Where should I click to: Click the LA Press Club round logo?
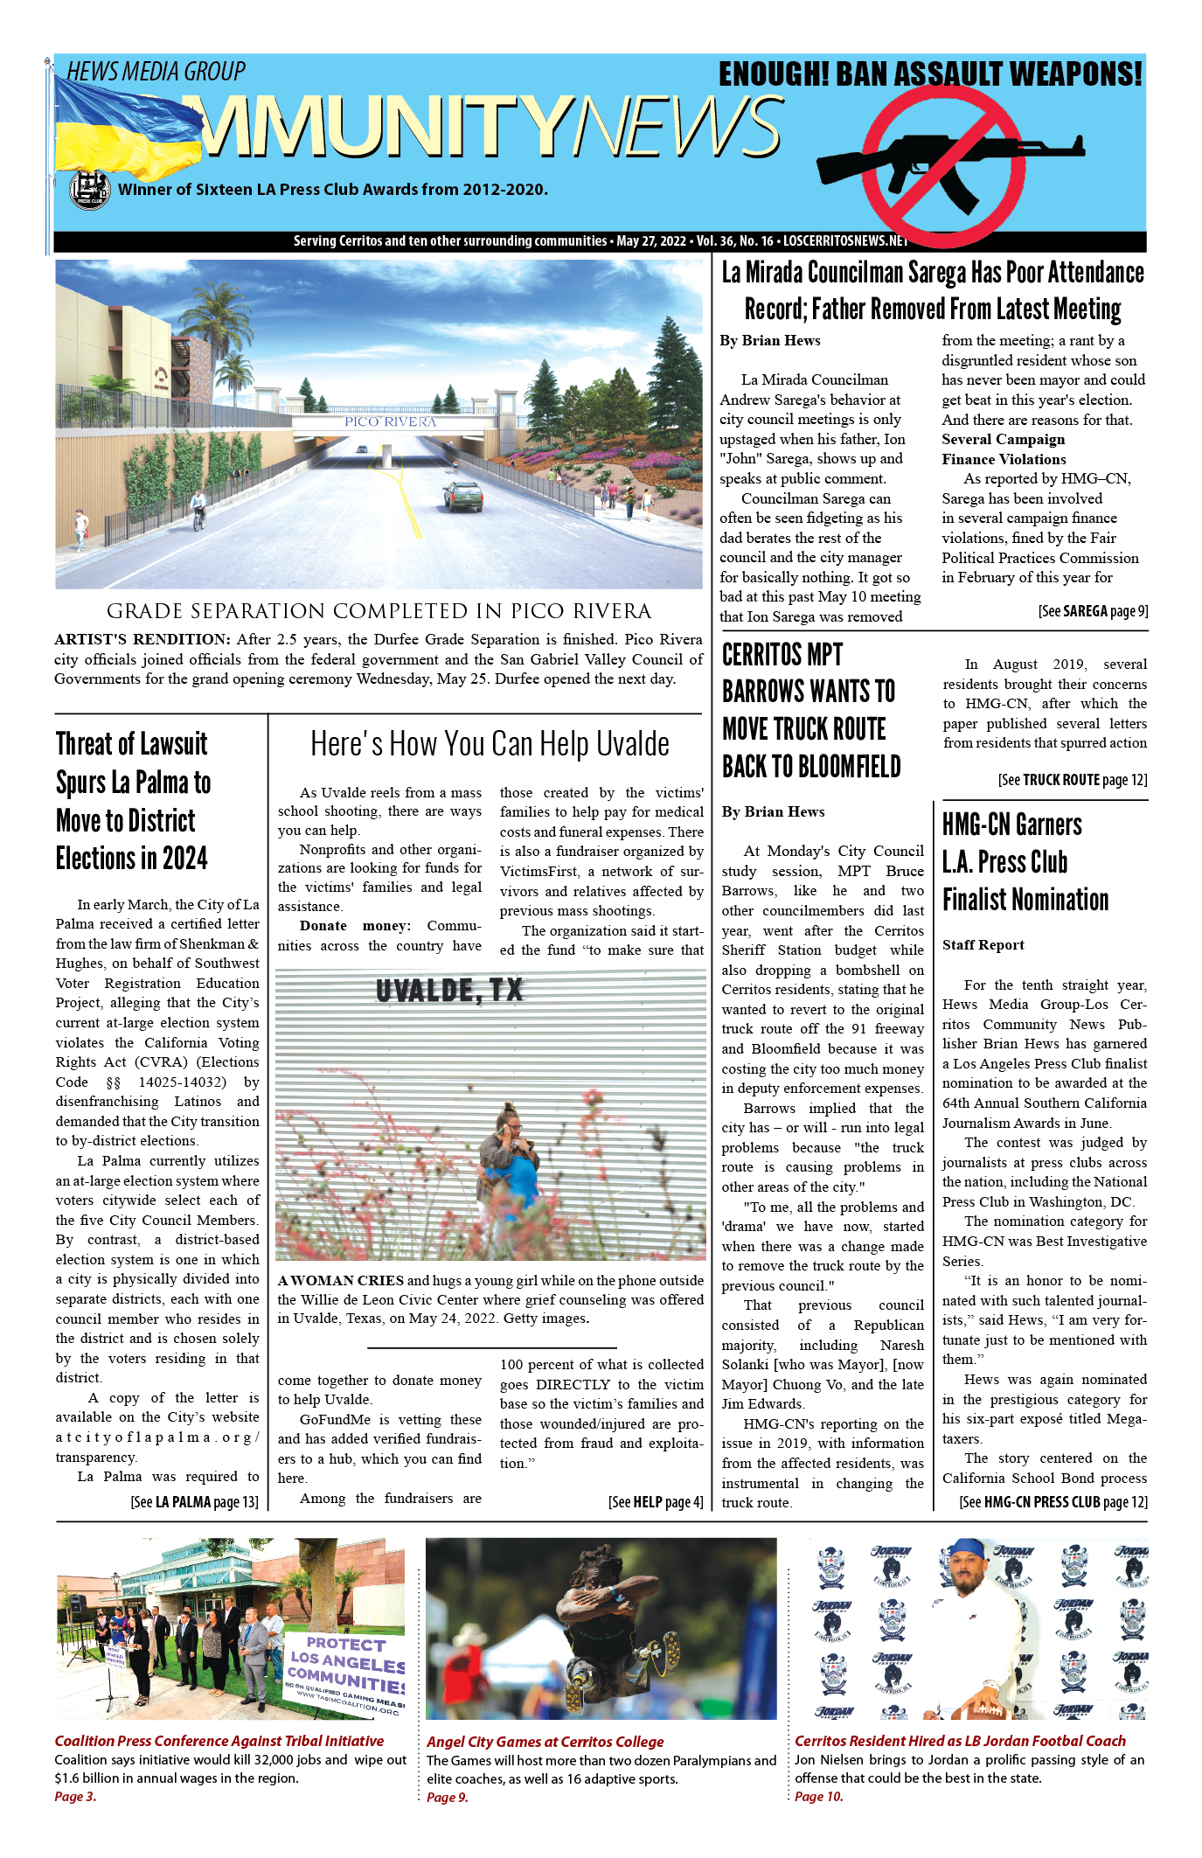[89, 190]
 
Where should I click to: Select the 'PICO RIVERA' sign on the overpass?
[390, 421]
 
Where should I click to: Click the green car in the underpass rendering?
[463, 496]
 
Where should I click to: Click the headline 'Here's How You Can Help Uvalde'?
[490, 744]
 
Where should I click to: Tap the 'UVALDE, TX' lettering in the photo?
[449, 991]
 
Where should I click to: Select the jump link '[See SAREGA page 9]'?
[1093, 611]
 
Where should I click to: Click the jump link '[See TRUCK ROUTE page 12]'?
[1073, 779]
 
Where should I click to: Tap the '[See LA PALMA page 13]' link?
[194, 1502]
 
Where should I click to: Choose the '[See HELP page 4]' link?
[656, 1502]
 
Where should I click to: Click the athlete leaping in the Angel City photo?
[612, 1618]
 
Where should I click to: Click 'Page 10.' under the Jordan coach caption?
[818, 1797]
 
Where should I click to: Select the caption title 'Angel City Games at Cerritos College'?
[545, 1742]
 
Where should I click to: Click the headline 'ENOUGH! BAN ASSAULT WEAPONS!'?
[930, 74]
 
